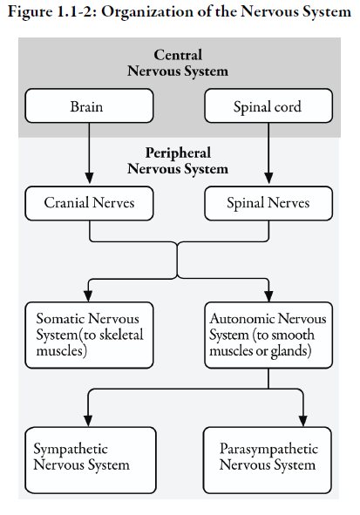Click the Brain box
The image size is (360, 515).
point(89,105)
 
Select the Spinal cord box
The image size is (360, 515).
point(268,105)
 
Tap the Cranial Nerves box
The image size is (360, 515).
point(89,203)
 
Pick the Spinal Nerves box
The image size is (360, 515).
point(268,203)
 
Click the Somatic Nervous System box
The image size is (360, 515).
point(89,335)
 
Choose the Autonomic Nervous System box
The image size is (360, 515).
point(268,335)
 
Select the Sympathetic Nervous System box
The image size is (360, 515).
point(91,460)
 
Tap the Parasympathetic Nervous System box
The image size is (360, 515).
point(267,460)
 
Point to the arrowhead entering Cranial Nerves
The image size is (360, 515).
point(89,178)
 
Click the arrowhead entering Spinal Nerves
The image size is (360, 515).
point(268,178)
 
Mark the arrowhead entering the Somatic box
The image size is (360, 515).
point(88,295)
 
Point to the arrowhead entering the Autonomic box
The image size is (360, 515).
point(268,295)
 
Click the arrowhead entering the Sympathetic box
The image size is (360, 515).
point(88,420)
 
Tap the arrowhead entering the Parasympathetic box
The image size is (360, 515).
point(302,420)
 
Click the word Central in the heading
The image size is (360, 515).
point(178,55)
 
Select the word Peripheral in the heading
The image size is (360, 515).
point(178,153)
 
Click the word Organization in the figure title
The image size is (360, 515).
point(147,12)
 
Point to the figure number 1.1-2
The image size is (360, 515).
point(75,12)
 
